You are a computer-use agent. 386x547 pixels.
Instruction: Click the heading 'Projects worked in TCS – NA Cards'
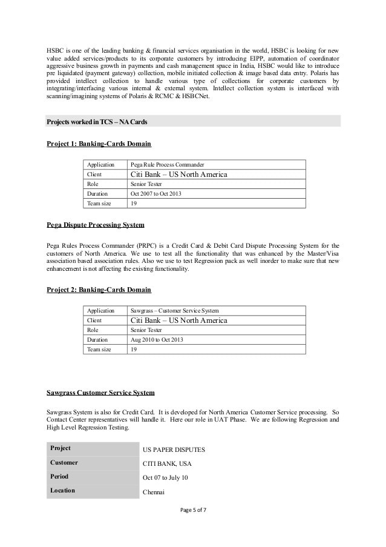click(x=97, y=122)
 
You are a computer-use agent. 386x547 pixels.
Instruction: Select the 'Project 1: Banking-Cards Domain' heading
click(x=99, y=144)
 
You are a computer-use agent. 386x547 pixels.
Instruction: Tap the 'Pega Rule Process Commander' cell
click(x=167, y=164)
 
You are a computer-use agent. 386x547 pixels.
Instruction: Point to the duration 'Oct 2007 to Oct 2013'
click(x=155, y=194)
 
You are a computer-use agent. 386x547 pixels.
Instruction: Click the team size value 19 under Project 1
click(x=134, y=204)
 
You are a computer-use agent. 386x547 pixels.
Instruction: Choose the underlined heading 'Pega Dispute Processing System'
click(x=96, y=225)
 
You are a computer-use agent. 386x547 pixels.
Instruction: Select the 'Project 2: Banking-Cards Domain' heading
click(x=99, y=290)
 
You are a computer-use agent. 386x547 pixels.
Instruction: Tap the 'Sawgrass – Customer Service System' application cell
click(x=175, y=310)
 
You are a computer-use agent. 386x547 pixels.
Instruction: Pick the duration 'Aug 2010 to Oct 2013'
click(x=157, y=340)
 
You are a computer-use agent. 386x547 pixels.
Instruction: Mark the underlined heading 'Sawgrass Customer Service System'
click(x=100, y=393)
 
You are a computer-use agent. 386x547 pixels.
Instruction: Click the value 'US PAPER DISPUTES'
click(x=174, y=450)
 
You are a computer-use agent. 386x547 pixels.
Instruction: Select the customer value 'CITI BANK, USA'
click(x=168, y=464)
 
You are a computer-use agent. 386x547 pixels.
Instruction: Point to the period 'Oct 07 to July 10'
click(x=165, y=478)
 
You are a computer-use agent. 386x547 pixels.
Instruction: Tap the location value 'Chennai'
click(x=154, y=492)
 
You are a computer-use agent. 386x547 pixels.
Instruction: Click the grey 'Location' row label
click(x=62, y=490)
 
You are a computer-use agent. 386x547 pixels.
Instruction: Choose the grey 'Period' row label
click(x=59, y=476)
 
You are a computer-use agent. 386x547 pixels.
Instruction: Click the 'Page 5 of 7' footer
click(x=193, y=526)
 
